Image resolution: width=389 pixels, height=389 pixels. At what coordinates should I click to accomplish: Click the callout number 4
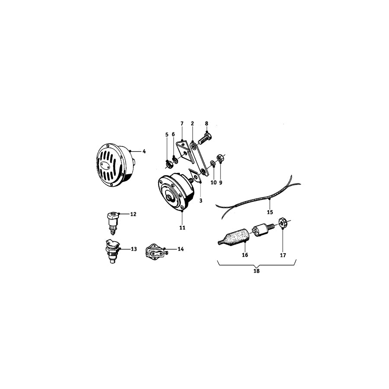(144, 151)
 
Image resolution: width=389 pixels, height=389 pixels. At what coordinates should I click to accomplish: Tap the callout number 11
(182, 227)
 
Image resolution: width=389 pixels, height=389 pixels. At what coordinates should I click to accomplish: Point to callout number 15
(270, 212)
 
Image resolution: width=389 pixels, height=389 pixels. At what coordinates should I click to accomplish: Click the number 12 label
(133, 214)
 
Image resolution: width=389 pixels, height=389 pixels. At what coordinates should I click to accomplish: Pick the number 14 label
(180, 249)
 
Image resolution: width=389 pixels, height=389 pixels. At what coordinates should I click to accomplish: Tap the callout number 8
(207, 123)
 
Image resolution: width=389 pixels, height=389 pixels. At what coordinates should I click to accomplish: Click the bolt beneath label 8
(204, 140)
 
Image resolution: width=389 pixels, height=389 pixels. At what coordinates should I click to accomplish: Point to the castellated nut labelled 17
(283, 223)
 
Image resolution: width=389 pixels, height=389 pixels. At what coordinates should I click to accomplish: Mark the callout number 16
(245, 255)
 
